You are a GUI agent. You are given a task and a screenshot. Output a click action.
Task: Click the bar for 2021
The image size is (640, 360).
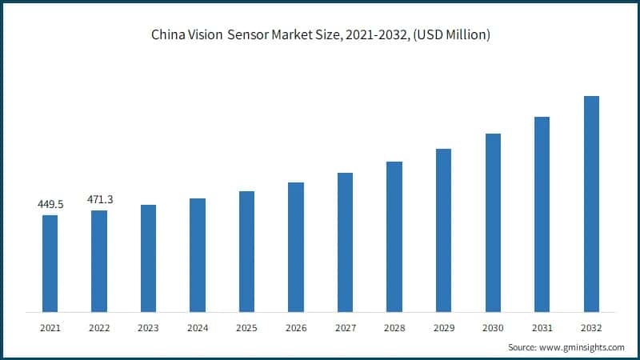coord(50,263)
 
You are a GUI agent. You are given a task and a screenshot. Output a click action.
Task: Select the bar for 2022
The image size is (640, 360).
coord(99,261)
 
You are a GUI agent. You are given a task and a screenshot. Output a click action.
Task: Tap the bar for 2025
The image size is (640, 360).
coord(246,251)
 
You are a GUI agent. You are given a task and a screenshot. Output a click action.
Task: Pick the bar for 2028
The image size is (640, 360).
coord(394,237)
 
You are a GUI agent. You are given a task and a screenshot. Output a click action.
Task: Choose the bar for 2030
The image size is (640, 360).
coord(493,222)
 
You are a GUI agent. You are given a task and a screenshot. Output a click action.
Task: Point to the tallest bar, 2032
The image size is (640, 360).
coord(591,204)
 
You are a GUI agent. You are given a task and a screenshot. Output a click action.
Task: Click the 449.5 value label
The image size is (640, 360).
coord(50,205)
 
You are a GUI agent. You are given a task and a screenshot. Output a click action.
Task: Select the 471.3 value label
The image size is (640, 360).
coord(99,199)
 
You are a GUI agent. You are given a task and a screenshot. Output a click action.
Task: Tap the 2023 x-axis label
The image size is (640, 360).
coord(148,328)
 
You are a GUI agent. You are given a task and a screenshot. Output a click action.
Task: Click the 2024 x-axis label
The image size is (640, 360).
coord(198,328)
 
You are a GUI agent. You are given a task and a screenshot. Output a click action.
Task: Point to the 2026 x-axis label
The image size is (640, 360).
coord(296,328)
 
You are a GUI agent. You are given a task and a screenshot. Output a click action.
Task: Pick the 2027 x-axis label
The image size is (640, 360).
coord(345,328)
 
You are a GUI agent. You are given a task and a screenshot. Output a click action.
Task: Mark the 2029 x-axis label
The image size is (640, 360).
coord(443,328)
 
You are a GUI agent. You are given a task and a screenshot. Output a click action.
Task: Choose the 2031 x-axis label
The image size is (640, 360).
coord(542,328)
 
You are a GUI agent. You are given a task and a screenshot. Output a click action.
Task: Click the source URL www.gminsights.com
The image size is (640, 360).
coord(582,347)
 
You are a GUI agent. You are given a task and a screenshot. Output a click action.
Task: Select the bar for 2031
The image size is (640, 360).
coord(542,214)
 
